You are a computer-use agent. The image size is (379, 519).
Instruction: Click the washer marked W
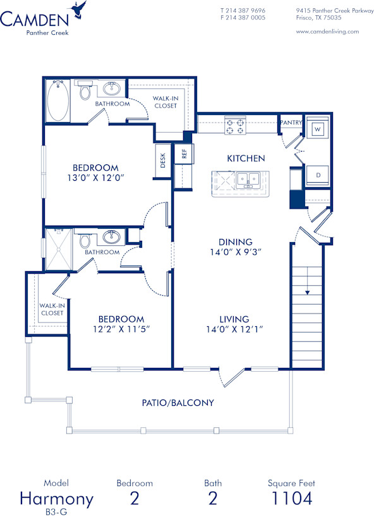[x=318, y=130]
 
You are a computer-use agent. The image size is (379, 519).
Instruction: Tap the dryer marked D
[x=318, y=174]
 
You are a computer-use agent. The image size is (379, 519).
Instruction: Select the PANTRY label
[x=291, y=123]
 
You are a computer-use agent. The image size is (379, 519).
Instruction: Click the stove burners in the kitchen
[x=236, y=126]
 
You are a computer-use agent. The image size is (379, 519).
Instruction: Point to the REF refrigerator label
[x=184, y=154]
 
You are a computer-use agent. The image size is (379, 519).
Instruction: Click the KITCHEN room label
[x=246, y=158]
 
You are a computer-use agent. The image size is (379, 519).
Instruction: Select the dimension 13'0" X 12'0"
[x=95, y=178]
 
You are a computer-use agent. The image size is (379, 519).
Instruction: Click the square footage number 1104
[x=291, y=498]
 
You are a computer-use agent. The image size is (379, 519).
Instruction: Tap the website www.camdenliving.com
[x=327, y=31]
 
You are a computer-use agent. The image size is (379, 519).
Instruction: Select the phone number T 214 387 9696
[x=243, y=11]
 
